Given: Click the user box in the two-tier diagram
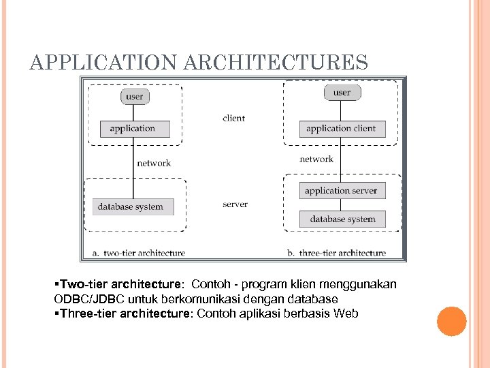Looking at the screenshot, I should [x=135, y=96].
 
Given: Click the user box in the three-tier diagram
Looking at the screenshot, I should [x=342, y=92].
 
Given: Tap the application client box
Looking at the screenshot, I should [x=342, y=128].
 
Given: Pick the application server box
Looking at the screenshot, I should [x=342, y=191].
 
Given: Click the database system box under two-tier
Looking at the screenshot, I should [x=132, y=206].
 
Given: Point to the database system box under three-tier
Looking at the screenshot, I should [x=342, y=219].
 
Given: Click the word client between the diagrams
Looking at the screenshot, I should [x=233, y=118].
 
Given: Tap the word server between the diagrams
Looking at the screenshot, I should [x=235, y=204].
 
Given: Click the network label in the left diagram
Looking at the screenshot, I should [x=154, y=163].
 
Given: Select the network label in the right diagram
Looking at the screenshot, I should [x=316, y=159].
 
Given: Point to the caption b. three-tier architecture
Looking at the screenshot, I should [x=336, y=253].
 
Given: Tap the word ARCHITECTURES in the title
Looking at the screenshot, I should [x=276, y=63].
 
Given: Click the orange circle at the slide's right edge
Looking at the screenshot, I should [x=451, y=321].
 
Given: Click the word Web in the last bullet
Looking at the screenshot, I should [x=346, y=313].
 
